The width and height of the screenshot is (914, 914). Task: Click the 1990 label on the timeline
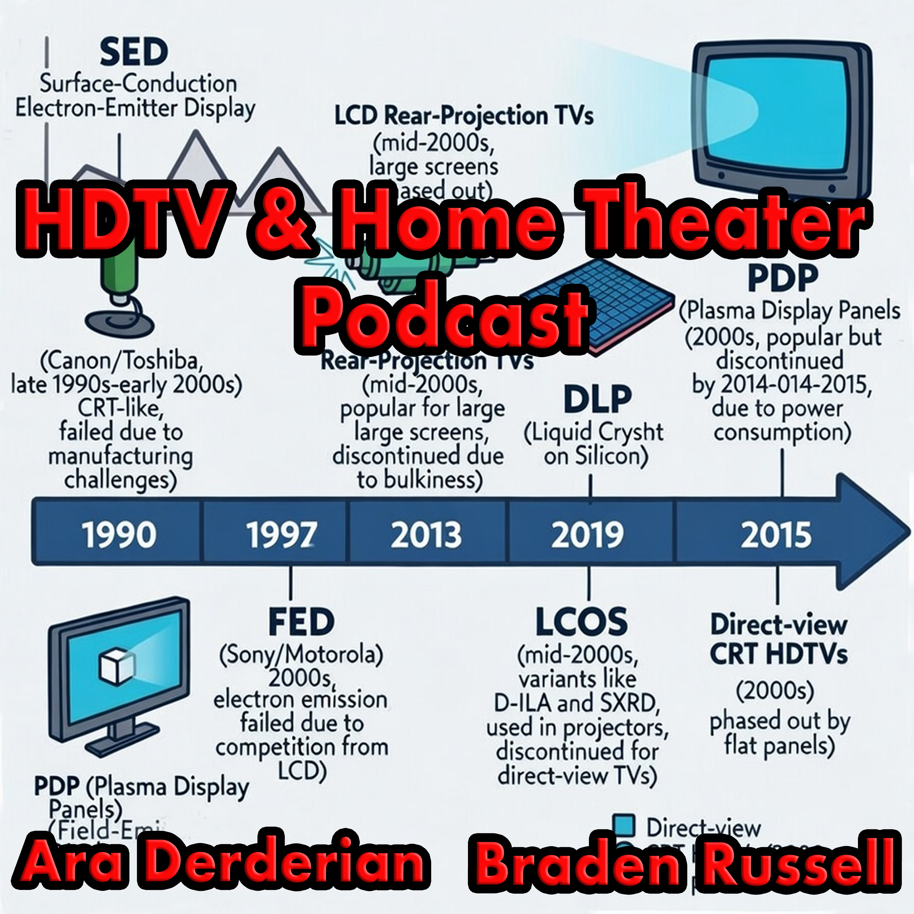pos(119,535)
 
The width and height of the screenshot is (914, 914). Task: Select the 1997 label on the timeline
pos(282,535)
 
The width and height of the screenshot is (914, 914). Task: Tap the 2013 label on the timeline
pos(426,535)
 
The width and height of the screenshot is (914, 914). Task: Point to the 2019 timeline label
pos(588,535)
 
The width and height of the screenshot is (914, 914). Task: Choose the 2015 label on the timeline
pos(776,535)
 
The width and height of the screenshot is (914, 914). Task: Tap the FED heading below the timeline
pos(301,622)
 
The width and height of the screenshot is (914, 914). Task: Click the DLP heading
pos(597,400)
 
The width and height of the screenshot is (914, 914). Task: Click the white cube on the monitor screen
pos(116,667)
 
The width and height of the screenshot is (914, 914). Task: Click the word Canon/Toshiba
pos(122,361)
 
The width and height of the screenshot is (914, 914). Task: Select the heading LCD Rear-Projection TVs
pos(464,116)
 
